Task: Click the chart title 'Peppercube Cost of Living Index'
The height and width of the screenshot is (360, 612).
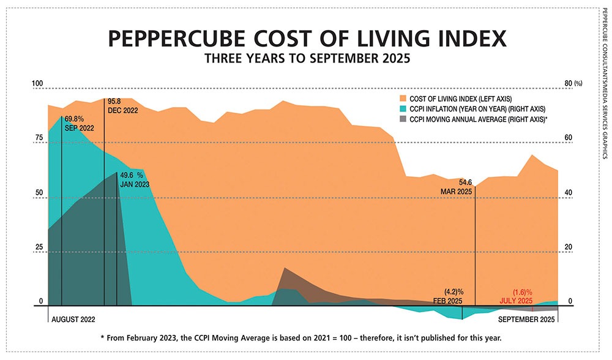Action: coord(307,38)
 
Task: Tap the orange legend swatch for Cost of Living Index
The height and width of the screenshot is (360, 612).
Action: coord(403,99)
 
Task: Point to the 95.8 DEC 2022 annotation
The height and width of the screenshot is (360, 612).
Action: coord(123,105)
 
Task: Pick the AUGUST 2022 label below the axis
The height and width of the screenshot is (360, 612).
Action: coord(73,320)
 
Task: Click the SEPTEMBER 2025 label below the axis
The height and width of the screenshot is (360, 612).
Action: coord(526,320)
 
